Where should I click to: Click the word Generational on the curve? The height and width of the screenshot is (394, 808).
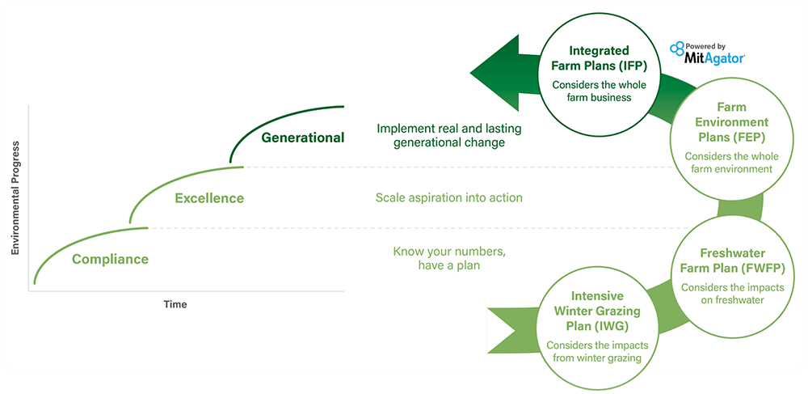click(302, 138)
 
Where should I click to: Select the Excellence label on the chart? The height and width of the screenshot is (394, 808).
click(209, 198)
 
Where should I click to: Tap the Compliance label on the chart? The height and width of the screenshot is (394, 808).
click(110, 259)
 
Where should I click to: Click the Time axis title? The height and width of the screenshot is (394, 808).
click(175, 304)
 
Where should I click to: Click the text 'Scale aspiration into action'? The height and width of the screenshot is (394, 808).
click(448, 197)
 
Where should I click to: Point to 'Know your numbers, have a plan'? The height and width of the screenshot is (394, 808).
click(449, 258)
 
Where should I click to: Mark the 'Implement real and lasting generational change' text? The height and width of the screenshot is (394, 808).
click(449, 136)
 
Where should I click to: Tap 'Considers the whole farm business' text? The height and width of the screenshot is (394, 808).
click(591, 91)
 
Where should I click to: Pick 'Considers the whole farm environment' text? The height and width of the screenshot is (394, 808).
click(728, 163)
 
